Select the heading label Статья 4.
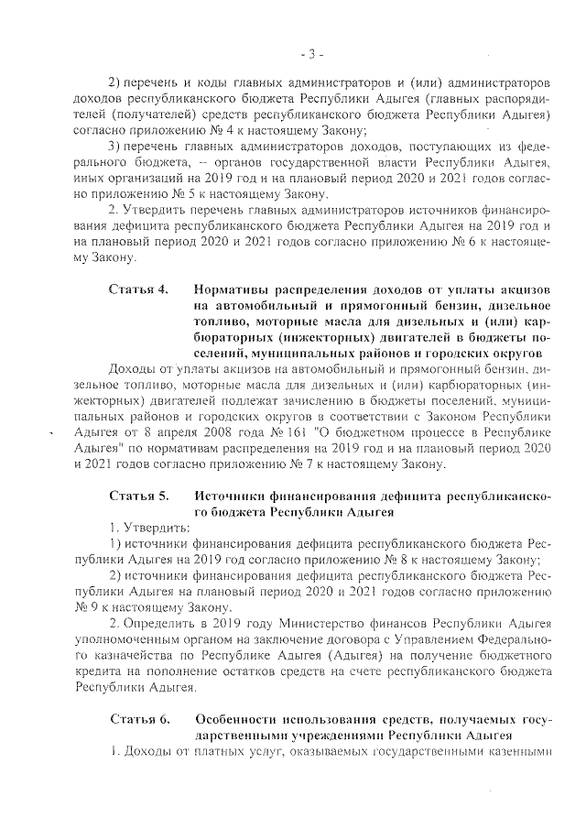point(138,290)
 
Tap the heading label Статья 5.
point(138,496)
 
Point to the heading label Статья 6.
point(138,717)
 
